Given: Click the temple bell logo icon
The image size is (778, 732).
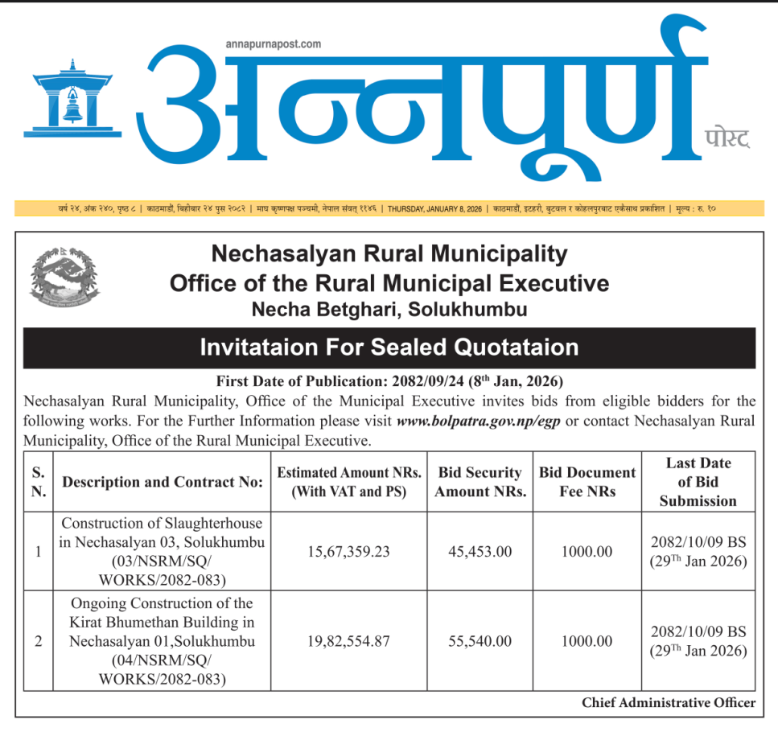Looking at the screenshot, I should (72, 95).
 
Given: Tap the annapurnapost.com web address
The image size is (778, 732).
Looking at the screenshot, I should (274, 43).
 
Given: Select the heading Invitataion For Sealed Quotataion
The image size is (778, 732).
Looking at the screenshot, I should (389, 347).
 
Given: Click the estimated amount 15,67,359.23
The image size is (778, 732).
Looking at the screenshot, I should (348, 552).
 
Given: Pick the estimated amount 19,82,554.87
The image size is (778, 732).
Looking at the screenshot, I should (348, 641).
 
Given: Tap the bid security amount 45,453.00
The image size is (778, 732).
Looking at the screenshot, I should (480, 552).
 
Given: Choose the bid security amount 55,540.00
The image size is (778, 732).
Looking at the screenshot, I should (480, 641).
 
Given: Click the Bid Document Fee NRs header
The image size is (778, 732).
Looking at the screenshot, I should (587, 482).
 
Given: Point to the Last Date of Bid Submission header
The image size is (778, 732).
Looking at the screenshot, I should (698, 482).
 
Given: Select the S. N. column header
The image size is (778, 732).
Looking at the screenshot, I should (38, 482).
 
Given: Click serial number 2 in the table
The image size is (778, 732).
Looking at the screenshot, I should (38, 641).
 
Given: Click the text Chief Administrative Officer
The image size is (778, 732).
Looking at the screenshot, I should (669, 703).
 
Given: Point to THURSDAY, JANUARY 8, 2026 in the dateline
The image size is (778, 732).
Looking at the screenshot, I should (434, 209).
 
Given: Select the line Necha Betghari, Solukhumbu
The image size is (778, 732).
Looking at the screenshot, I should (389, 308).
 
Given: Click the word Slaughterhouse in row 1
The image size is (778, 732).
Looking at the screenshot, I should (200, 523).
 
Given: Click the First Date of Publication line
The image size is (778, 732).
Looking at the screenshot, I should (389, 380).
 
